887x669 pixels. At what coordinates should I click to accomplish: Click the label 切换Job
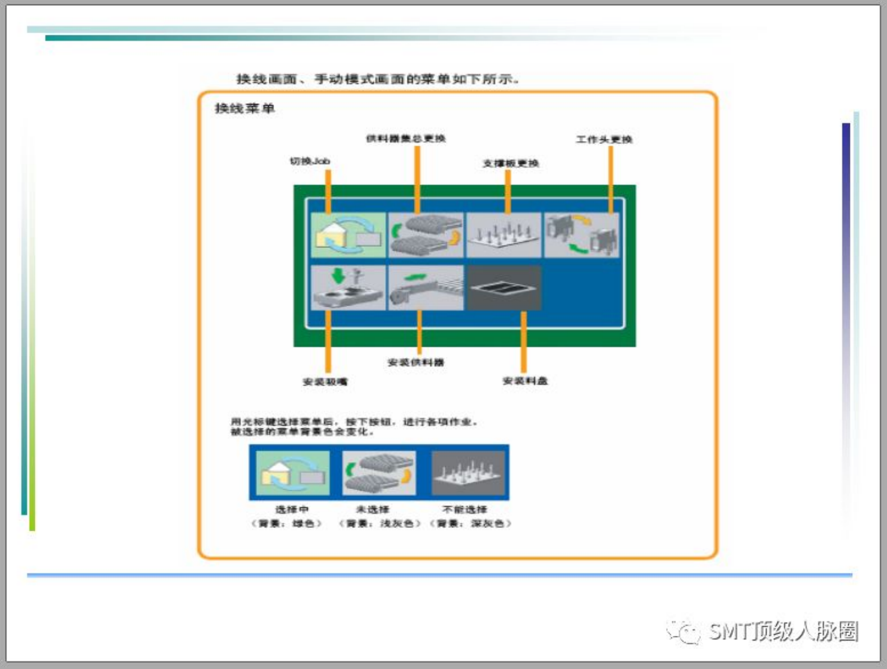[310, 161]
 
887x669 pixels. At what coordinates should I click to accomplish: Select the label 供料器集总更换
[405, 138]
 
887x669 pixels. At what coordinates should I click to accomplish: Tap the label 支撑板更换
[510, 164]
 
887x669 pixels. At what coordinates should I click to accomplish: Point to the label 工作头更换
[604, 139]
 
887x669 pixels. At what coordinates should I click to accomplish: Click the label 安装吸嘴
[325, 382]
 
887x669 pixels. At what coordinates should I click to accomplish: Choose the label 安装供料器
[415, 363]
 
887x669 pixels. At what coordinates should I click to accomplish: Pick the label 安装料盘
[524, 381]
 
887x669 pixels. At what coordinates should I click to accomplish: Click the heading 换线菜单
[245, 109]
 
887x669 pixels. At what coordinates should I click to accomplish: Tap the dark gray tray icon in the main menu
[504, 288]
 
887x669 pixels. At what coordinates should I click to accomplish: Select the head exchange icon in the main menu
[581, 235]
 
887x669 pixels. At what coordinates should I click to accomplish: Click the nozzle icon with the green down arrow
[348, 288]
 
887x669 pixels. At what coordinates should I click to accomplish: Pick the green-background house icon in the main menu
[348, 235]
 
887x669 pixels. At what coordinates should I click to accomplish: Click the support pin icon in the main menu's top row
[504, 235]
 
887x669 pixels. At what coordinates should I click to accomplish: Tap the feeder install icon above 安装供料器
[426, 288]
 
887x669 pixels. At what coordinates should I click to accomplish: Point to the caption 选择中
[292, 509]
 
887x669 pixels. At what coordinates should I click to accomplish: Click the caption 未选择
[372, 509]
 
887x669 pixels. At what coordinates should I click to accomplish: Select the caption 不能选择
[464, 509]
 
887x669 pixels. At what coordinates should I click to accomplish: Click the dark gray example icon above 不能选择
[468, 473]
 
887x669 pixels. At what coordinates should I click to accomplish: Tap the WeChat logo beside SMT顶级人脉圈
[683, 631]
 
